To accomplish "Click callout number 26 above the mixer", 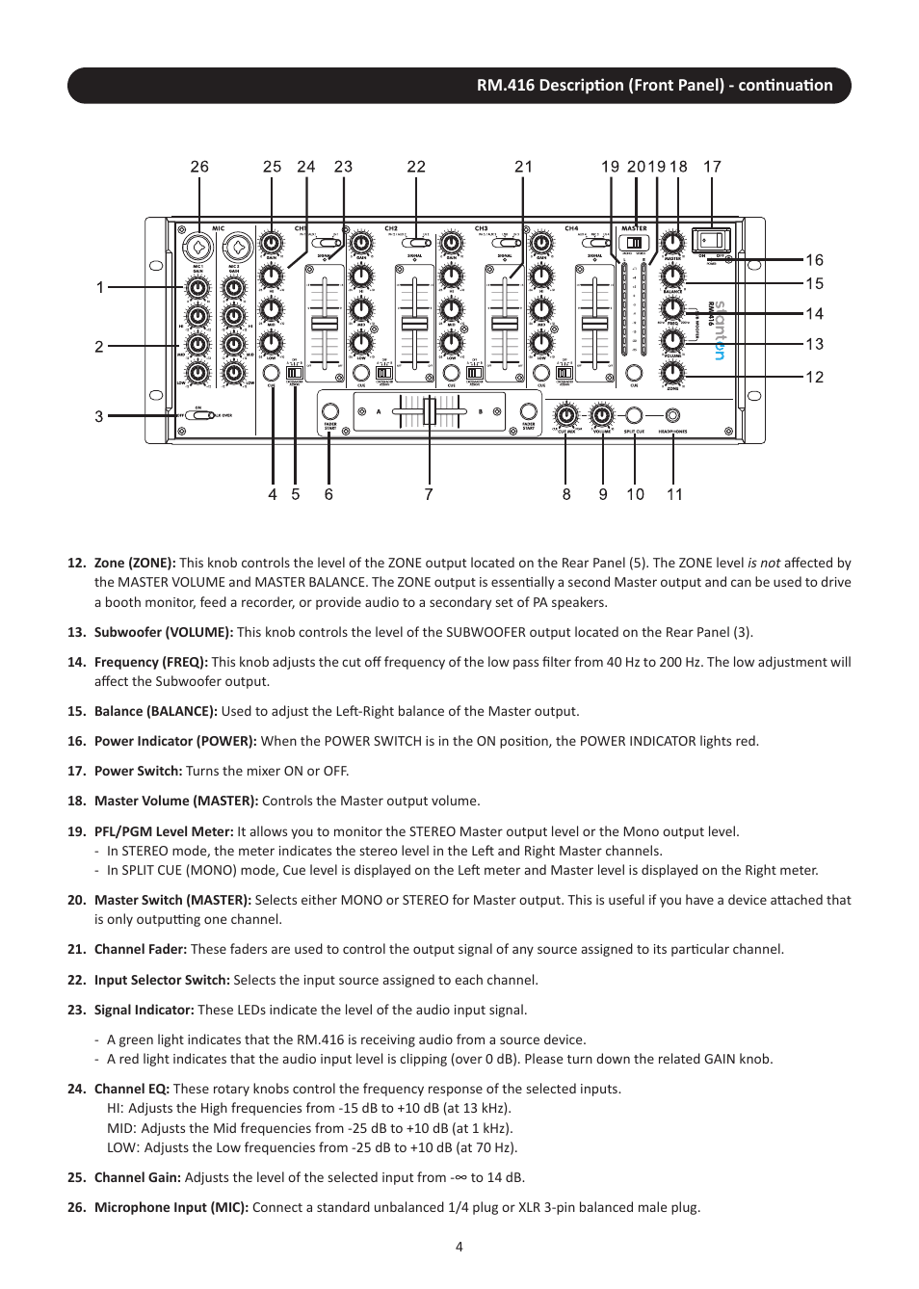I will click(199, 167).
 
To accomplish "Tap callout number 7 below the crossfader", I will click(429, 494).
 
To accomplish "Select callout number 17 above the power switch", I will click(712, 167).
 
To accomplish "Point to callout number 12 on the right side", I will click(815, 377).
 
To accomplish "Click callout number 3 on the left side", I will click(99, 416).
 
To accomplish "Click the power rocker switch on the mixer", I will click(711, 240).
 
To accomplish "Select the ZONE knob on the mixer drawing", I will click(672, 372).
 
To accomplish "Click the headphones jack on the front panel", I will click(672, 415).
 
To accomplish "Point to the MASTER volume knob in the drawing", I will click(672, 243).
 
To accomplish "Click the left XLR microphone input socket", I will click(197, 248).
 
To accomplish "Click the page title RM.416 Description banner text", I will click(654, 85).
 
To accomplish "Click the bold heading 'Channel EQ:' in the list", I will click(132, 1089).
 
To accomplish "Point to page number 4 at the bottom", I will click(459, 1247).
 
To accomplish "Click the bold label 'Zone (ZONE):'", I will click(135, 563).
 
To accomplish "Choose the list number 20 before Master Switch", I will click(76, 900).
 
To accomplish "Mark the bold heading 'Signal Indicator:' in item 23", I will click(144, 1010).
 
